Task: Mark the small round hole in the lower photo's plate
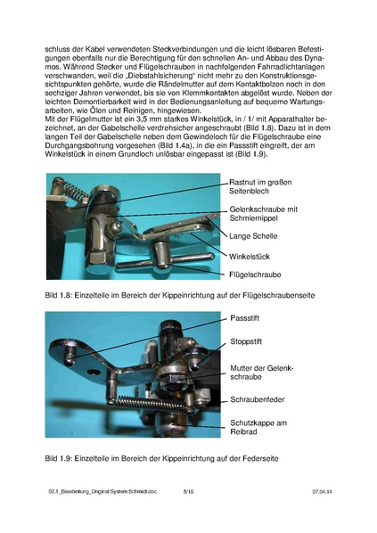pos(79,355)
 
